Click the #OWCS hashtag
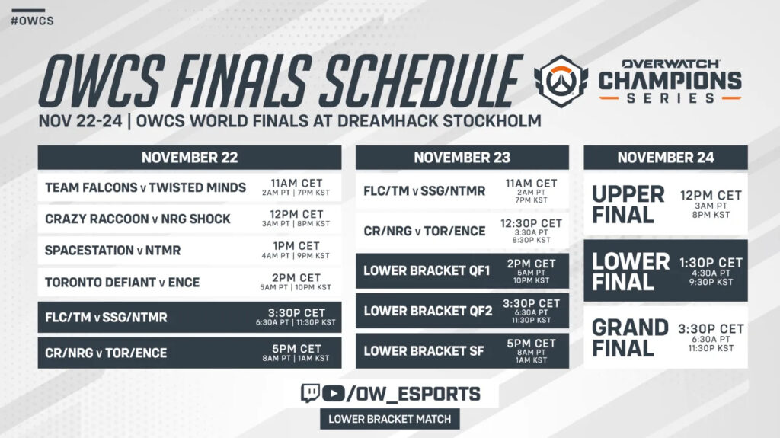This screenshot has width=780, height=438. click(x=32, y=20)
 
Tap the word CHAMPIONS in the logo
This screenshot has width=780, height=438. click(x=670, y=81)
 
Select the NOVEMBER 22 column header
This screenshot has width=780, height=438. click(x=190, y=158)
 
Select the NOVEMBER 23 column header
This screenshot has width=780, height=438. click(x=462, y=158)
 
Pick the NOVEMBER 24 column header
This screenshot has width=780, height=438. click(x=665, y=158)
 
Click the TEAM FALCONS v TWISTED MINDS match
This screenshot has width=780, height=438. click(x=145, y=187)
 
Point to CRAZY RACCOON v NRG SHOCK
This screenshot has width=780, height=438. click(x=138, y=219)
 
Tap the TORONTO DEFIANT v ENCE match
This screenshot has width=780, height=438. click(x=122, y=283)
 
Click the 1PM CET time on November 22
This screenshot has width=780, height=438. click(x=296, y=246)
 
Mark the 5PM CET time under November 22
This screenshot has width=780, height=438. click(x=296, y=347)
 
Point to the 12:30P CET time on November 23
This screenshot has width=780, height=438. click(x=531, y=223)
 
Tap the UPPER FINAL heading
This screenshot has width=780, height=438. click(x=628, y=204)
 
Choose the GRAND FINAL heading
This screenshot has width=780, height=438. click(x=630, y=338)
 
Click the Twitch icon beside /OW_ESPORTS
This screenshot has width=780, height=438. click(x=310, y=393)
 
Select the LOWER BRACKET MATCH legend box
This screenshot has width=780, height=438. click(x=389, y=418)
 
